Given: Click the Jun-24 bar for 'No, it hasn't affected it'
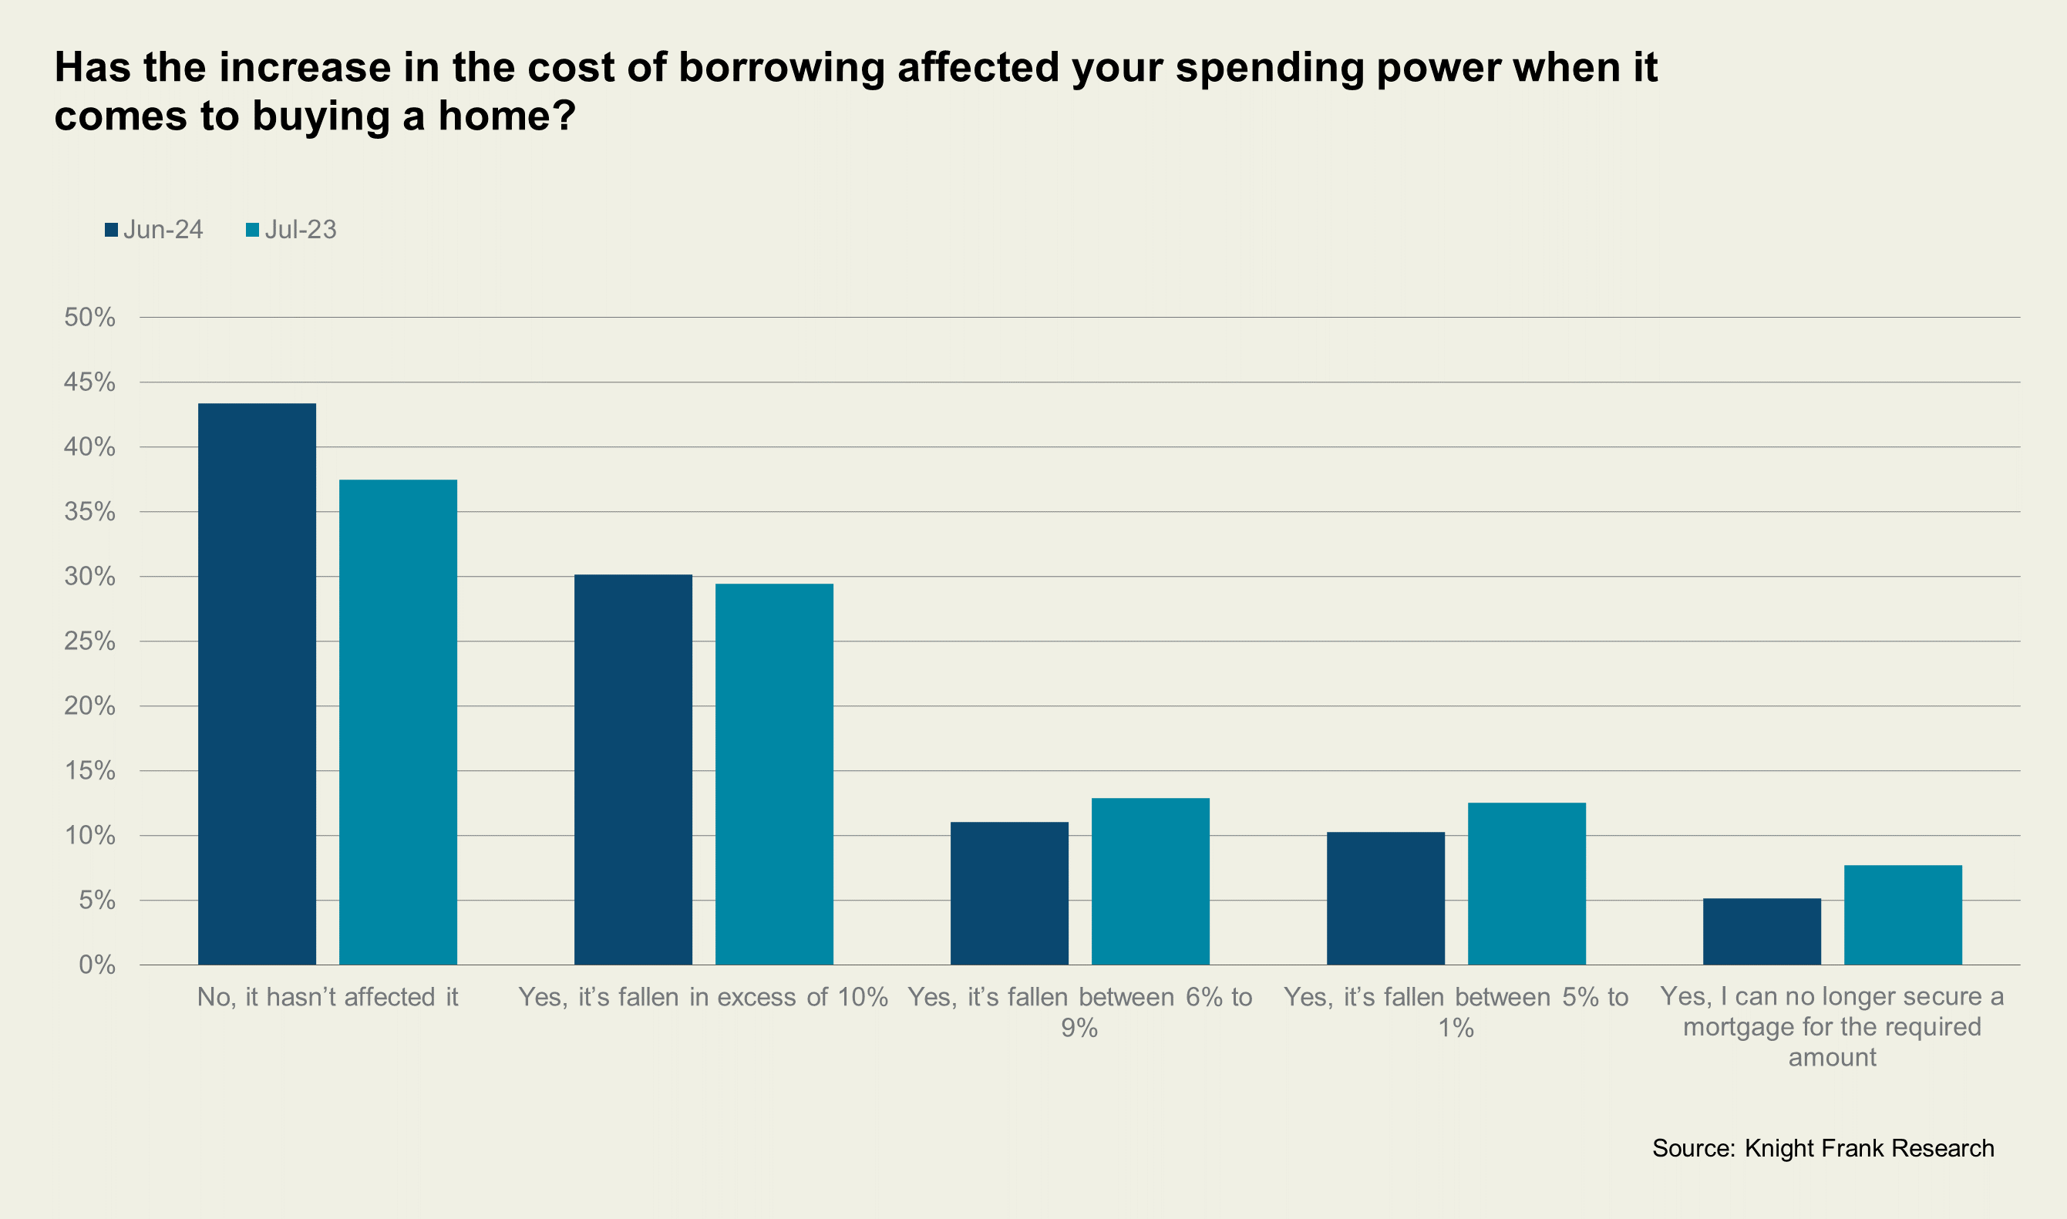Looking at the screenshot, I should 257,683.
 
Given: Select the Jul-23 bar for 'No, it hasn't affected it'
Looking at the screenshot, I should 399,722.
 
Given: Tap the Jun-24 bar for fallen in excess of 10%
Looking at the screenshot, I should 633,769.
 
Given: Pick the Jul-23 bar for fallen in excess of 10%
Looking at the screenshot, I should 774,774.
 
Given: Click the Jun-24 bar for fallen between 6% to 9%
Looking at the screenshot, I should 1009,893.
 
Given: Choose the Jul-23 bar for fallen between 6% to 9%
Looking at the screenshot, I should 1150,881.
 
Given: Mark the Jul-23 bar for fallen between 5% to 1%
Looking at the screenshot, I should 1527,883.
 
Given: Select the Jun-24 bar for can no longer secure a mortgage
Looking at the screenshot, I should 1762,931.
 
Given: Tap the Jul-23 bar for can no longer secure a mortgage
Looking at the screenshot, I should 1903,914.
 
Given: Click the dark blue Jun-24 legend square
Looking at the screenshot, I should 112,230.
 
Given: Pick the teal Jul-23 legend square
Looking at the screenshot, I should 253,230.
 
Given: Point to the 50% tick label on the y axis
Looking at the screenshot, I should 89,317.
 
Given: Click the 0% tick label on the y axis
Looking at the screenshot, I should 97,965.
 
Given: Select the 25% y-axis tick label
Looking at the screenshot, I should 89,641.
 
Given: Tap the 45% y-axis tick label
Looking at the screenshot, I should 89,382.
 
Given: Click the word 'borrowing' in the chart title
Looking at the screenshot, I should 781,67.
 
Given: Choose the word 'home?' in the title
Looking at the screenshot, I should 507,116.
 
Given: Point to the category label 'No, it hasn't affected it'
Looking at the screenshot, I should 328,996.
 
